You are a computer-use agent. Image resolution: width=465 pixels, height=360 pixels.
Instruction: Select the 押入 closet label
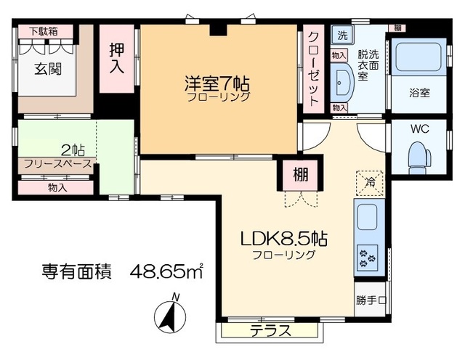coord(117,58)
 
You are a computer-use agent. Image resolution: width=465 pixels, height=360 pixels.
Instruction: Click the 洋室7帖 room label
coord(218,83)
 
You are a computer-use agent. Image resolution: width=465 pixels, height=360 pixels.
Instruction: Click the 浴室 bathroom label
coord(419,93)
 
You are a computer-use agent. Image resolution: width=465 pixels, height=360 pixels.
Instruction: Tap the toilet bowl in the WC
coord(420,155)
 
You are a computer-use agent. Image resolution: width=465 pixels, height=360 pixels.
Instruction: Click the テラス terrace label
coord(270,332)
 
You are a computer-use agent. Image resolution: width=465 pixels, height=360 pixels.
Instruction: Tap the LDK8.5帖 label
coord(283,240)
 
